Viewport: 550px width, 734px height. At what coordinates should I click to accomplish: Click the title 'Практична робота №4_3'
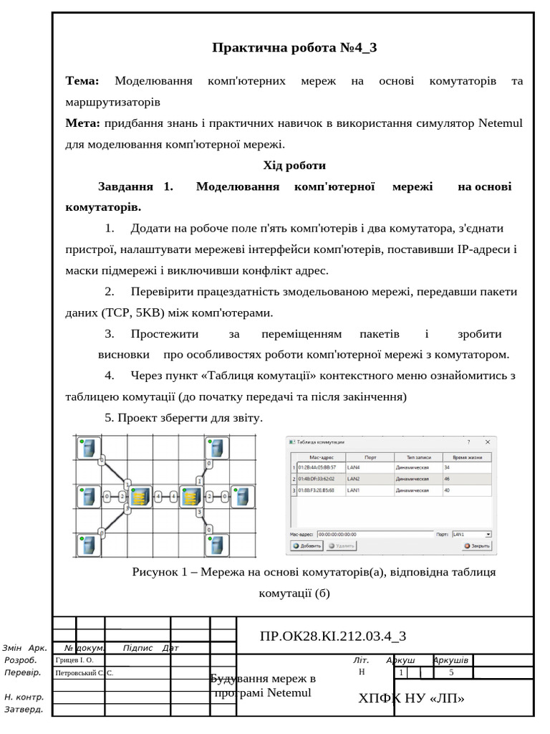(294, 48)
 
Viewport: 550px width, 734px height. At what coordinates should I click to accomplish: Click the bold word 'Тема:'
(82, 81)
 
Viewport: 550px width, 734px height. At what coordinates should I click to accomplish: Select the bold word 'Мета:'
(82, 123)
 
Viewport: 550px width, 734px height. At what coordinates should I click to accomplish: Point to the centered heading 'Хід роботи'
(294, 166)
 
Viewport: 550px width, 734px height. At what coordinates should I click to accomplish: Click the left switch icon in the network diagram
(140, 496)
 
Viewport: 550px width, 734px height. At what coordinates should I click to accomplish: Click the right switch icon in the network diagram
(190, 496)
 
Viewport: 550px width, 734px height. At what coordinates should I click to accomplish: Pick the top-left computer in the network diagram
(88, 449)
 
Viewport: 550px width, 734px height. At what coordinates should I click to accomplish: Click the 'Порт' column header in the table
(370, 457)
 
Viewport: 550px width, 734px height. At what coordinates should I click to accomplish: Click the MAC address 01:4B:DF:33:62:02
(316, 478)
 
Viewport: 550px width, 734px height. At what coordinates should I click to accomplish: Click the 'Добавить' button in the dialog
(307, 545)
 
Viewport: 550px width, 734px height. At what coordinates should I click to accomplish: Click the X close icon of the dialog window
(488, 442)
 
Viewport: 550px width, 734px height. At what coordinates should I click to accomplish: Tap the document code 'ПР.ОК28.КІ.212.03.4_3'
(333, 635)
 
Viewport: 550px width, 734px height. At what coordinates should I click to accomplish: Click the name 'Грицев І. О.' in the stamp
(74, 659)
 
